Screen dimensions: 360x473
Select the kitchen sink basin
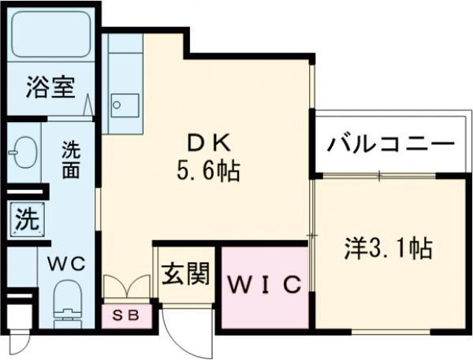click(x=123, y=103)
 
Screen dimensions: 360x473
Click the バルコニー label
click(x=391, y=145)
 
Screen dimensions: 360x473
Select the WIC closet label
click(x=265, y=284)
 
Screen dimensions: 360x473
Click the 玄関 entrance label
click(x=185, y=274)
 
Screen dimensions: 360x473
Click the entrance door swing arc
click(x=185, y=331)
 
